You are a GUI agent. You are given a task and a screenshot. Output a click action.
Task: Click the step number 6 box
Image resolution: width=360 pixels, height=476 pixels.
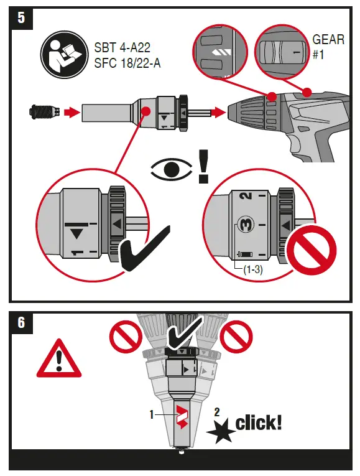21,322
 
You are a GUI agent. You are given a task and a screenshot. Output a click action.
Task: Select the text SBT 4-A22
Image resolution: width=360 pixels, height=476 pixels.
123,47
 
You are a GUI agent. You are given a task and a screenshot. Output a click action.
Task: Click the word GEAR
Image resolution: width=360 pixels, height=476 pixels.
328,40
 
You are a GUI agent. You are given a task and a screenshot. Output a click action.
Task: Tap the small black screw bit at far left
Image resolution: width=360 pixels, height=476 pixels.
43,113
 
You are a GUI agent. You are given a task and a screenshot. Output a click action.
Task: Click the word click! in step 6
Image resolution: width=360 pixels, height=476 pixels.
258,423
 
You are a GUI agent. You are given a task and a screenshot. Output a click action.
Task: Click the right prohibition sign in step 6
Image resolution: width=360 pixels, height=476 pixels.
238,338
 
